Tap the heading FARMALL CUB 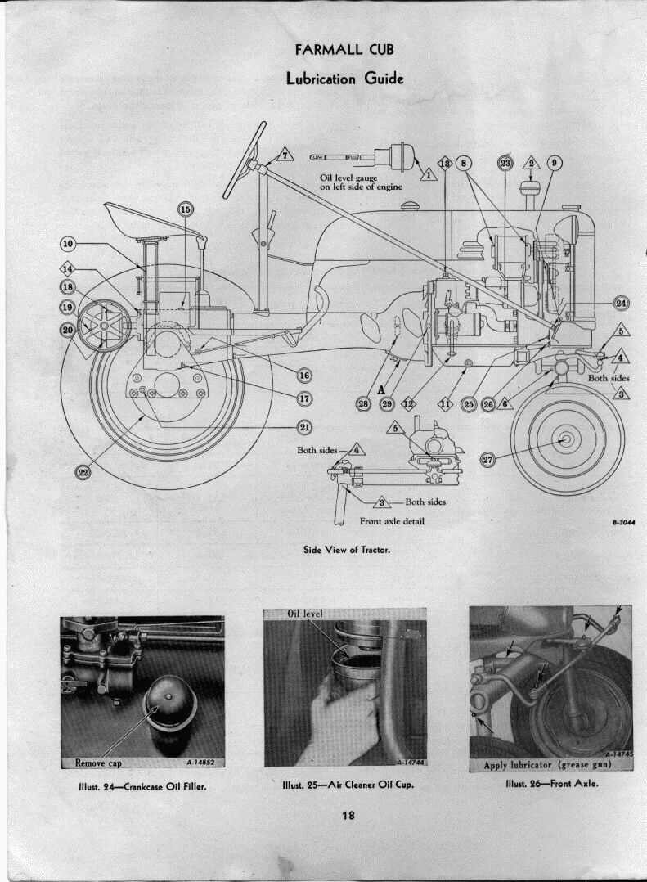point(344,50)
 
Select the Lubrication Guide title point(344,79)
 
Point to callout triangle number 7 point(285,155)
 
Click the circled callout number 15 point(185,210)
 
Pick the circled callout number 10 point(67,244)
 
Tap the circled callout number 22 point(83,472)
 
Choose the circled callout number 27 point(487,460)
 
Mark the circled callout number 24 point(622,304)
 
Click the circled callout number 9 point(553,163)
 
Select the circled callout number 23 point(505,163)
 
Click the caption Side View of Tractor point(347,550)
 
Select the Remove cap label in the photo point(98,763)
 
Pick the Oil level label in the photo point(303,614)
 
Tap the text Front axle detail point(392,521)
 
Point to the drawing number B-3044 point(624,521)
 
